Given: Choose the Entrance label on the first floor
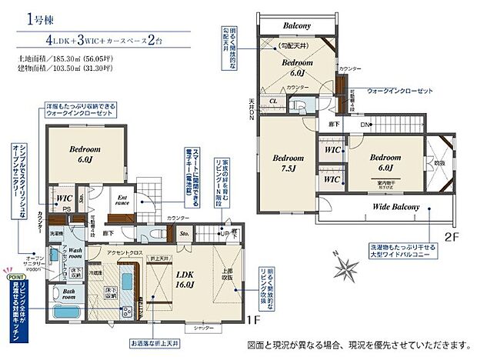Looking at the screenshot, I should point(121,201).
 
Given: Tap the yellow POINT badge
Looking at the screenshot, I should point(15,269).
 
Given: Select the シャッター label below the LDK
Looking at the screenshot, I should point(204,327).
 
